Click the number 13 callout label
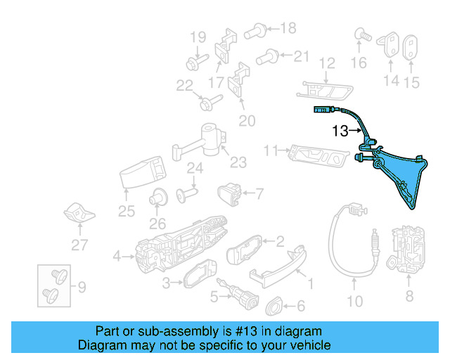(340, 131)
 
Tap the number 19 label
(197, 37)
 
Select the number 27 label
(79, 245)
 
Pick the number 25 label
(127, 211)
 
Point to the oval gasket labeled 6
(274, 306)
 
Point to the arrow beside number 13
(356, 130)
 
